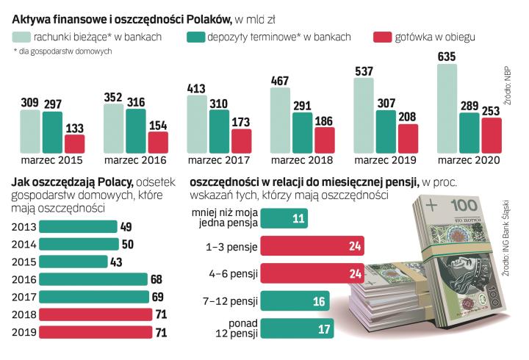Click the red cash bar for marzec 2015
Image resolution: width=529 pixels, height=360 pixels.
[x=74, y=144]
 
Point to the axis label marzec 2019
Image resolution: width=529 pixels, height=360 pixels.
[x=385, y=160]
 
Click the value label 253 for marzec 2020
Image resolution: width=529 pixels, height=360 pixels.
[x=491, y=110]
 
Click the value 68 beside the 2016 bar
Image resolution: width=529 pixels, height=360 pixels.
[x=155, y=280]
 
